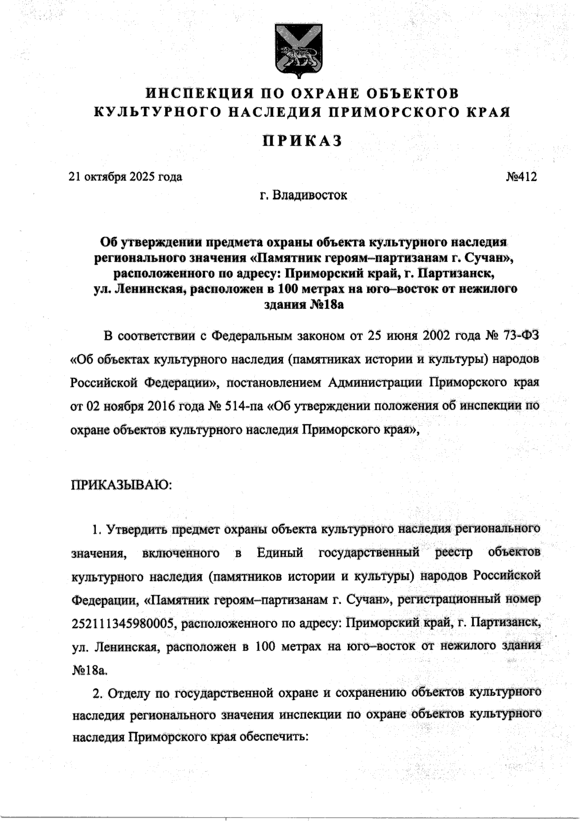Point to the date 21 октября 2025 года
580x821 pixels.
(126, 177)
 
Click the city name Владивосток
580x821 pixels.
(310, 195)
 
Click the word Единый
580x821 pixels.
(280, 552)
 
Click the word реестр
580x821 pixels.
(456, 552)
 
